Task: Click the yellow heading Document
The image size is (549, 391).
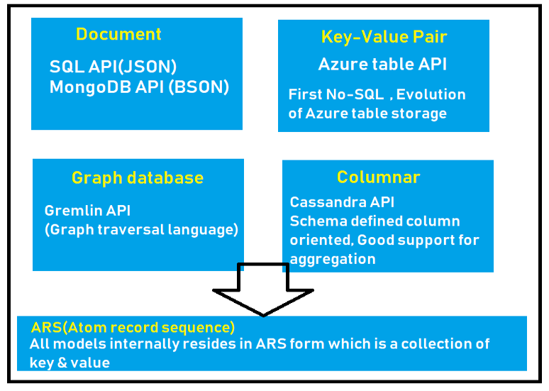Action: coord(118,34)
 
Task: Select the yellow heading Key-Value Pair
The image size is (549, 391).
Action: coord(384,37)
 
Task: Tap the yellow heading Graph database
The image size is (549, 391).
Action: coord(137,178)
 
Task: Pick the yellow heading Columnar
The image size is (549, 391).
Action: coord(378,177)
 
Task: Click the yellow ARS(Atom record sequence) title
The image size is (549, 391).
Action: coord(133,328)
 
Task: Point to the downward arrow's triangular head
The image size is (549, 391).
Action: coord(263,301)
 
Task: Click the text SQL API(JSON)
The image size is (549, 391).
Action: coord(113,67)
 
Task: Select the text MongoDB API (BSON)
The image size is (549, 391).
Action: coord(139,87)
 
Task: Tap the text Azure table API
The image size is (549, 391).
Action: coord(382,65)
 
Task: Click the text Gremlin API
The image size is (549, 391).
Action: coord(87,211)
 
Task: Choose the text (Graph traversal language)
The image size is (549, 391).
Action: coord(141,230)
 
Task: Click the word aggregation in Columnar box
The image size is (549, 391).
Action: coord(332,259)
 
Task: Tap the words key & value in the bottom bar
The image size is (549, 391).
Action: coord(70,363)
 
